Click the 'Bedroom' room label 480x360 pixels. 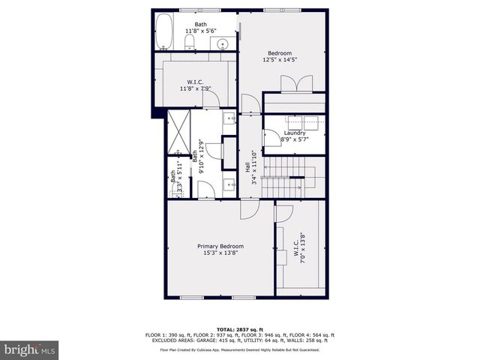pyautogui.click(x=280, y=53)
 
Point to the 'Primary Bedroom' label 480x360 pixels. pyautogui.click(x=220, y=246)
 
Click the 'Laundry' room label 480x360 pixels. pyautogui.click(x=295, y=133)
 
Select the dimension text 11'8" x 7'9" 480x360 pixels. pyautogui.click(x=195, y=88)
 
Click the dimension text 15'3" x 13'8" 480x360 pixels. pyautogui.click(x=220, y=253)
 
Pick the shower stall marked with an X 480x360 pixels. pyautogui.click(x=179, y=131)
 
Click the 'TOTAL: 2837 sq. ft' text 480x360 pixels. pyautogui.click(x=239, y=329)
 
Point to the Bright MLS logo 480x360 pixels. pyautogui.click(x=29, y=349)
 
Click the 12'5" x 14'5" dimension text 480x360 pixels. pyautogui.click(x=280, y=61)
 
